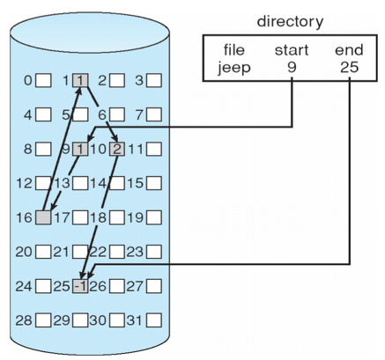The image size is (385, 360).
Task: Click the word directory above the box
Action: pyautogui.click(x=290, y=22)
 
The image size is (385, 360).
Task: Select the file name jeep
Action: pyautogui.click(x=234, y=69)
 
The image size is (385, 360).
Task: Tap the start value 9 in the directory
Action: pyautogui.click(x=292, y=68)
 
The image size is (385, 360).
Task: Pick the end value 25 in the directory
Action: pyautogui.click(x=350, y=68)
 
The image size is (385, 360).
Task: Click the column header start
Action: pyautogui.click(x=292, y=50)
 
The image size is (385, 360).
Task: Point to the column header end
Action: pyautogui.click(x=349, y=50)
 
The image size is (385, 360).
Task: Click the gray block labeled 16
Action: pyautogui.click(x=43, y=217)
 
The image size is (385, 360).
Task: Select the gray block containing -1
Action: pyautogui.click(x=80, y=286)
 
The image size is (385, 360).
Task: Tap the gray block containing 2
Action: pyautogui.click(x=117, y=150)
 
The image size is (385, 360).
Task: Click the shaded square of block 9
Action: pyautogui.click(x=80, y=150)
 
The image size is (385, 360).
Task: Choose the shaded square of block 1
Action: pyautogui.click(x=80, y=80)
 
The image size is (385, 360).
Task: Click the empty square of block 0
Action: pyautogui.click(x=43, y=80)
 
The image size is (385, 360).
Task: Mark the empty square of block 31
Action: pyautogui.click(x=154, y=320)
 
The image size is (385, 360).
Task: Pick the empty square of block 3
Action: pyautogui.click(x=154, y=80)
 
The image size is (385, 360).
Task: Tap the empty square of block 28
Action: pyautogui.click(x=43, y=320)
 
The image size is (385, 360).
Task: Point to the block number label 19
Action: pyautogui.click(x=135, y=217)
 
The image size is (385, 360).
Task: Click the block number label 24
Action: pyautogui.click(x=24, y=286)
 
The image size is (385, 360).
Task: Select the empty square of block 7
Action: pyautogui.click(x=154, y=114)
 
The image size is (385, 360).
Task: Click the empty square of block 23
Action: pyautogui.click(x=154, y=252)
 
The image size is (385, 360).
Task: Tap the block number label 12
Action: pyautogui.click(x=24, y=183)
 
